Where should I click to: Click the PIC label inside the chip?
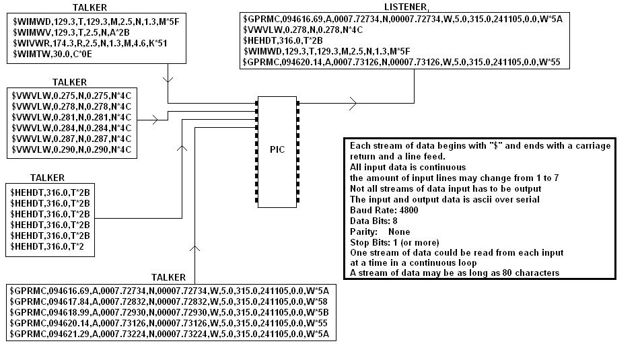point(277,149)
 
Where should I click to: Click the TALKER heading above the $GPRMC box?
point(168,277)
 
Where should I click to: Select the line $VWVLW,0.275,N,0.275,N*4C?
point(71,96)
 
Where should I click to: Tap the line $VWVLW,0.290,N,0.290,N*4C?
point(71,149)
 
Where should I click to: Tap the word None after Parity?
point(399,231)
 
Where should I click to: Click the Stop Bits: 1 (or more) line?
point(394,242)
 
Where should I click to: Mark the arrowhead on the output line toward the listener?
point(353,103)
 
